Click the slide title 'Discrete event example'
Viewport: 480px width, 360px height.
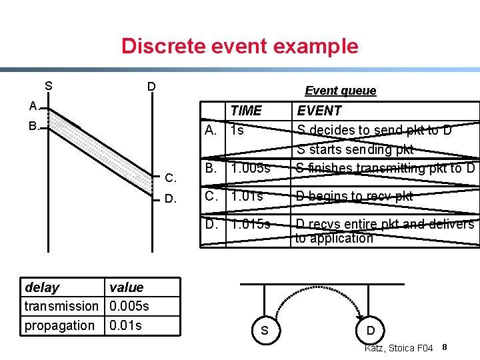(x=239, y=46)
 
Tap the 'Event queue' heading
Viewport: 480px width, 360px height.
(x=340, y=91)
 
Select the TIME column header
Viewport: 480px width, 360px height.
(x=246, y=111)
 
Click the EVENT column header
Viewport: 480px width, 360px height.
(x=319, y=111)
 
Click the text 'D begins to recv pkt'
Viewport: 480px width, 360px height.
(x=354, y=196)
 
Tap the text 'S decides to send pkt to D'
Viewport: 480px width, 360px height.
(x=374, y=130)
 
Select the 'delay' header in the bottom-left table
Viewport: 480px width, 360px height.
(x=41, y=287)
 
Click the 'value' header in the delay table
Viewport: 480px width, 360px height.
(x=126, y=287)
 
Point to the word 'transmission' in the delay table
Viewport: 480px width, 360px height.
(x=61, y=306)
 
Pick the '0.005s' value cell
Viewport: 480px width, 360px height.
(x=129, y=306)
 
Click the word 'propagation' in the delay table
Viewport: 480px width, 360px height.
(x=59, y=325)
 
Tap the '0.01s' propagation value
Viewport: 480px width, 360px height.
(x=125, y=325)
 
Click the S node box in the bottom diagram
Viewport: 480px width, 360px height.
(x=265, y=330)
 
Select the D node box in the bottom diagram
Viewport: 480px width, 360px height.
(x=371, y=330)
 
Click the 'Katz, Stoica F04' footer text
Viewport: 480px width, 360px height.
(x=399, y=349)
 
